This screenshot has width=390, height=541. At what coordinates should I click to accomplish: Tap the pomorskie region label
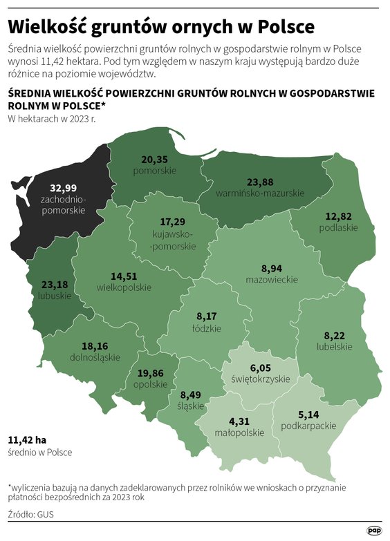point(154,170)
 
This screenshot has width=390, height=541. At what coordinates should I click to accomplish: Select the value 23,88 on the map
point(260,182)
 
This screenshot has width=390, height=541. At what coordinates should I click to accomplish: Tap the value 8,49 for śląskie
point(190,395)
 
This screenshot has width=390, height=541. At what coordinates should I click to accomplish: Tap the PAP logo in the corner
point(374,530)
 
